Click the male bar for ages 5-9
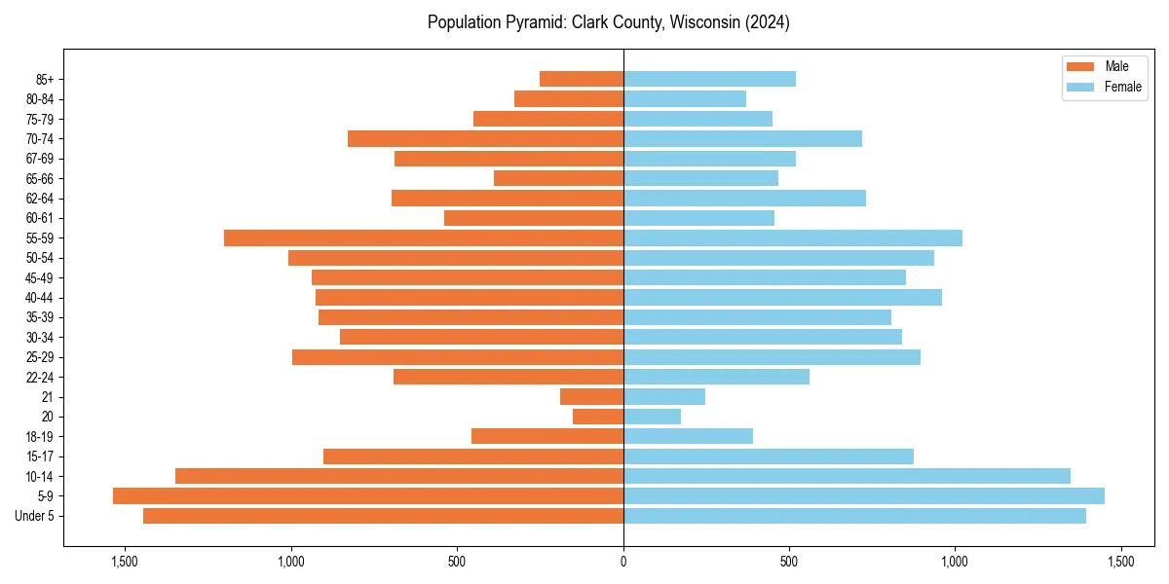click(368, 496)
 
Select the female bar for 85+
click(709, 79)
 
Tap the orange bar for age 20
click(598, 417)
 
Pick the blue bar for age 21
click(664, 397)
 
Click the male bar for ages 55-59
click(424, 238)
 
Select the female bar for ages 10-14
click(847, 476)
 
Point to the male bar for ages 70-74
click(485, 139)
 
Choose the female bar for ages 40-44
click(782, 298)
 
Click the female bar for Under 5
click(854, 516)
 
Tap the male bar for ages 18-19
click(547, 436)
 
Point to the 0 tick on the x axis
click(623, 562)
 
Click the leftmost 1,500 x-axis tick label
click(125, 562)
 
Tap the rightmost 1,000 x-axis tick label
click(955, 562)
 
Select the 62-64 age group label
click(39, 199)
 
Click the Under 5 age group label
click(34, 516)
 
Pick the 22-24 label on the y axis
click(39, 377)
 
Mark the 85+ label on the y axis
click(44, 80)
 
